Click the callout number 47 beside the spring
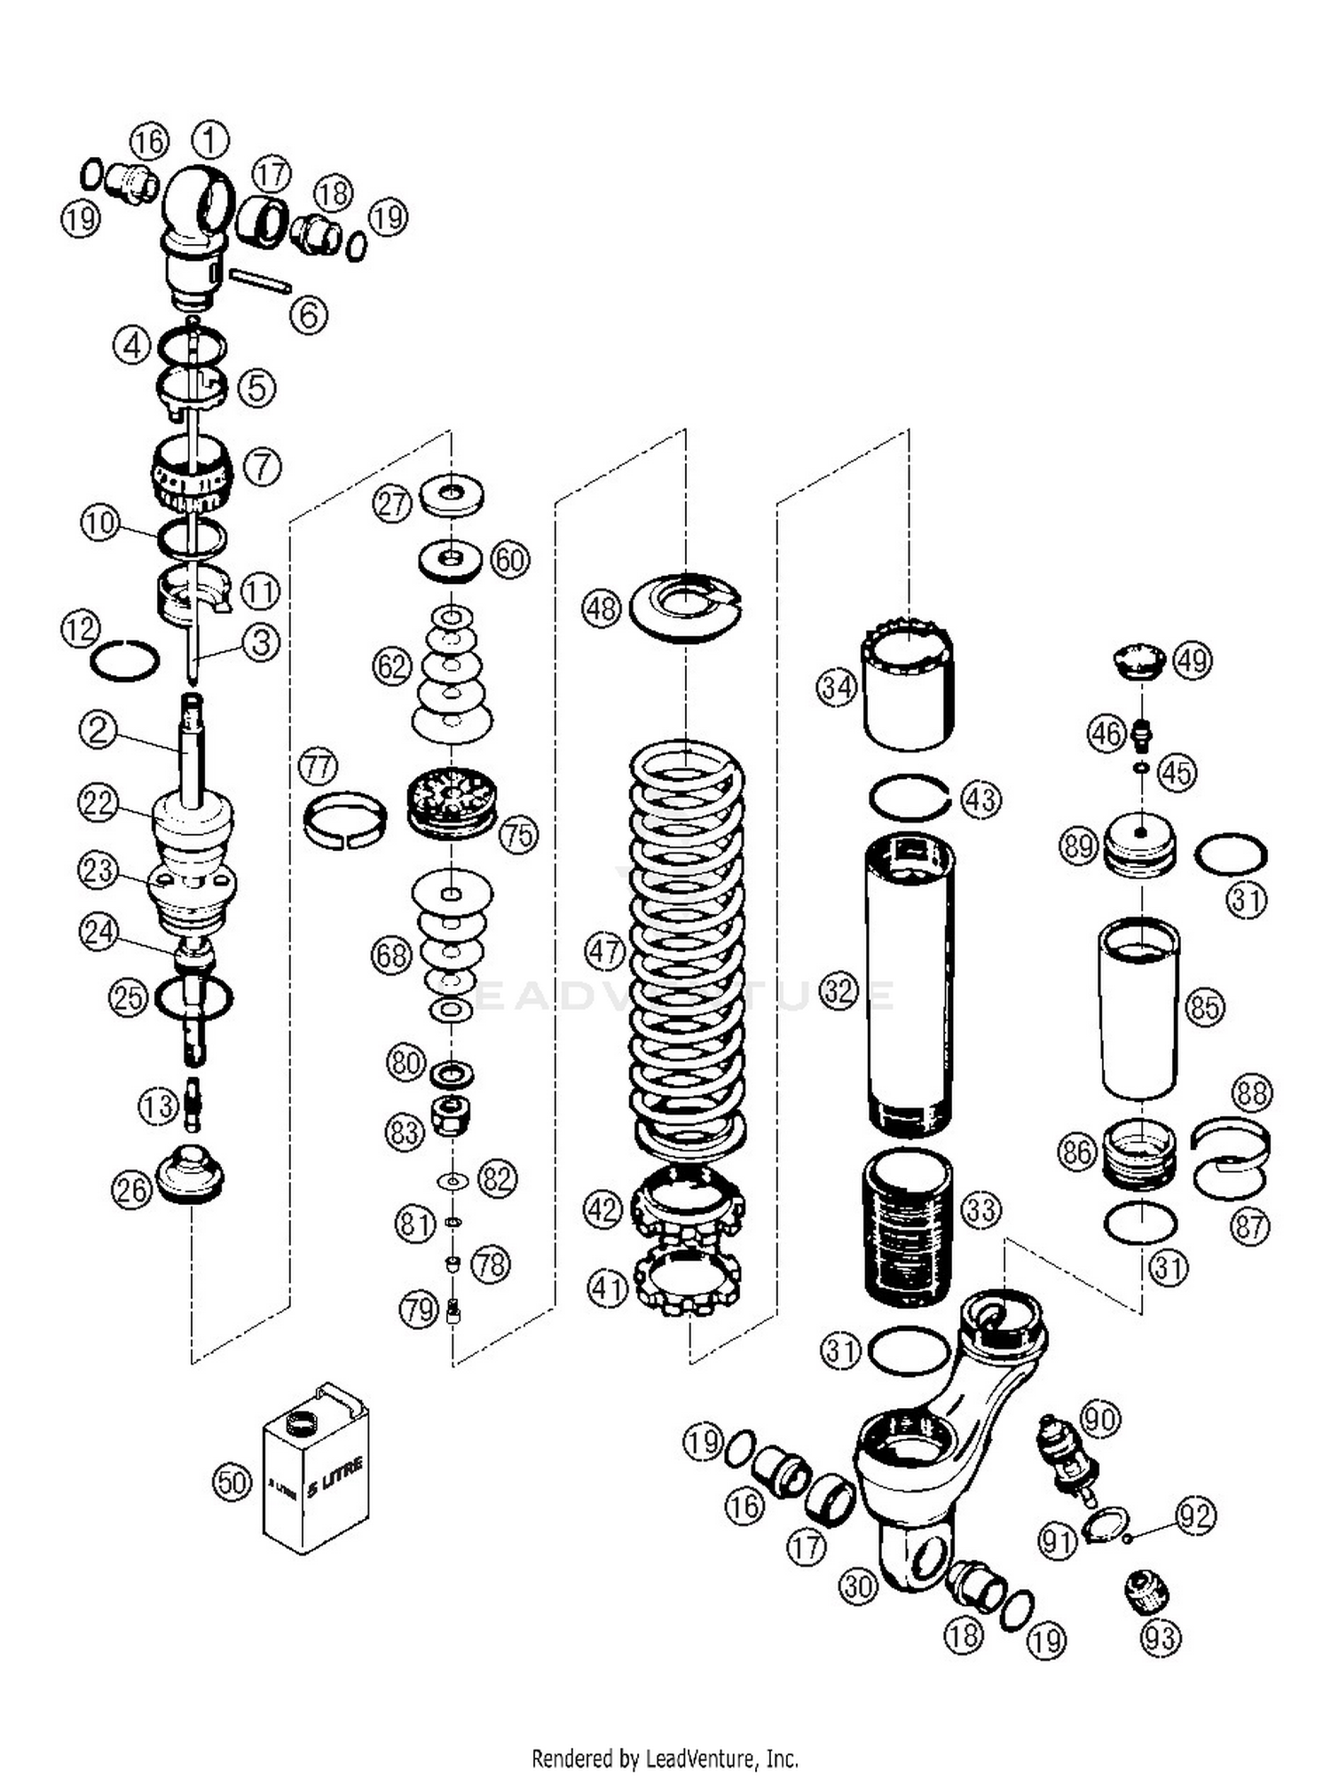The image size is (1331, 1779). (x=605, y=952)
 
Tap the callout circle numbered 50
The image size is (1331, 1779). (x=232, y=1483)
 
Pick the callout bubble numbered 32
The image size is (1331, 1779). (x=838, y=990)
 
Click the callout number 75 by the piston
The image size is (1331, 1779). (x=519, y=834)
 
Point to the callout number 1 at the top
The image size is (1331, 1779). (x=210, y=139)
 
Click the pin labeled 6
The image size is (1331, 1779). (x=259, y=279)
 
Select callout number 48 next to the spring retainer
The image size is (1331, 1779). (x=602, y=609)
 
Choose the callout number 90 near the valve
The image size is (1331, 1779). (x=1099, y=1419)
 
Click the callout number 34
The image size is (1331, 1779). (x=836, y=687)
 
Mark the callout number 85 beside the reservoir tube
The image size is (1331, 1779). (x=1205, y=1008)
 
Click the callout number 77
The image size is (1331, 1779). (x=318, y=766)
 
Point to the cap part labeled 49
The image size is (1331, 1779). (x=1139, y=662)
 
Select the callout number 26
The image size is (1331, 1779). (x=131, y=1190)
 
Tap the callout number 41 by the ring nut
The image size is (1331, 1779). (x=608, y=1288)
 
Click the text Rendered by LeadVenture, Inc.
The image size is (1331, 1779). (x=665, y=1758)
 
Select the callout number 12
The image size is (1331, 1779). (x=80, y=629)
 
